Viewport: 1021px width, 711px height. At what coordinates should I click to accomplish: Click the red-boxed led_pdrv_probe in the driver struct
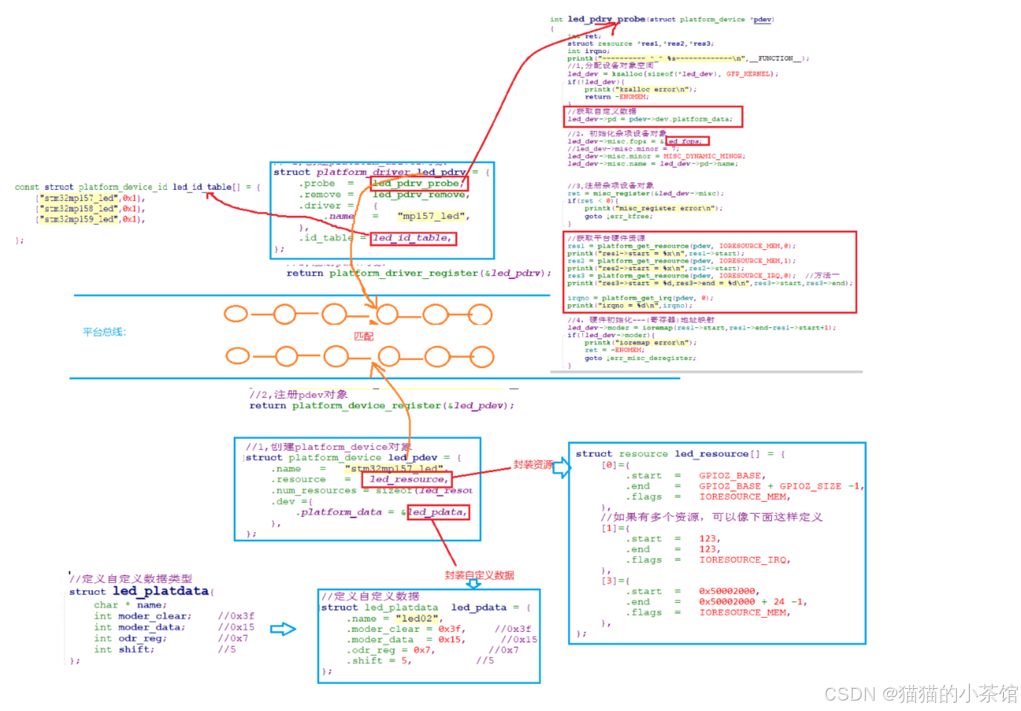click(x=418, y=183)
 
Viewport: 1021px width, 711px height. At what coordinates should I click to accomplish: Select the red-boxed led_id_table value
click(x=411, y=238)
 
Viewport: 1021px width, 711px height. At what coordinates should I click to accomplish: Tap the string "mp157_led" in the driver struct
click(x=433, y=216)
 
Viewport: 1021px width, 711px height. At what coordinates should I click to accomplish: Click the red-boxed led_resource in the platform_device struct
click(x=407, y=479)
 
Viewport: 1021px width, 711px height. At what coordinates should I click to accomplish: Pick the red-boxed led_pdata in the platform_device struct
click(x=438, y=512)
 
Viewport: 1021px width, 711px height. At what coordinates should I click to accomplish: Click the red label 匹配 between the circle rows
click(x=363, y=337)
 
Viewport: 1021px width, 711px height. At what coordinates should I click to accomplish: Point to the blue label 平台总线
click(x=104, y=332)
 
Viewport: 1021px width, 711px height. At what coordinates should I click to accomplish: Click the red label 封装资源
click(x=533, y=464)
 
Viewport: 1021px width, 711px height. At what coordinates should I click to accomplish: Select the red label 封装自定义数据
click(x=479, y=575)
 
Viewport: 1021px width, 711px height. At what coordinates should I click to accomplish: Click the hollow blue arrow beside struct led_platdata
click(x=282, y=629)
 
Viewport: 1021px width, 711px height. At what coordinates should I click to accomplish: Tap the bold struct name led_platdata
click(x=161, y=591)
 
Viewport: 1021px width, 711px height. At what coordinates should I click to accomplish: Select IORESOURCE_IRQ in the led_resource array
click(x=744, y=560)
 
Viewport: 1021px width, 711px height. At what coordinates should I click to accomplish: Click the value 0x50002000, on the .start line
click(x=727, y=591)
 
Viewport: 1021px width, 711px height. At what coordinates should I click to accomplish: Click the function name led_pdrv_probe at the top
click(x=606, y=19)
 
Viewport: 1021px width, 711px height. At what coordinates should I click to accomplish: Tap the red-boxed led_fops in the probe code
click(x=687, y=141)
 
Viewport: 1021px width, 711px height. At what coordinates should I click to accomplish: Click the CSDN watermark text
click(x=920, y=694)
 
